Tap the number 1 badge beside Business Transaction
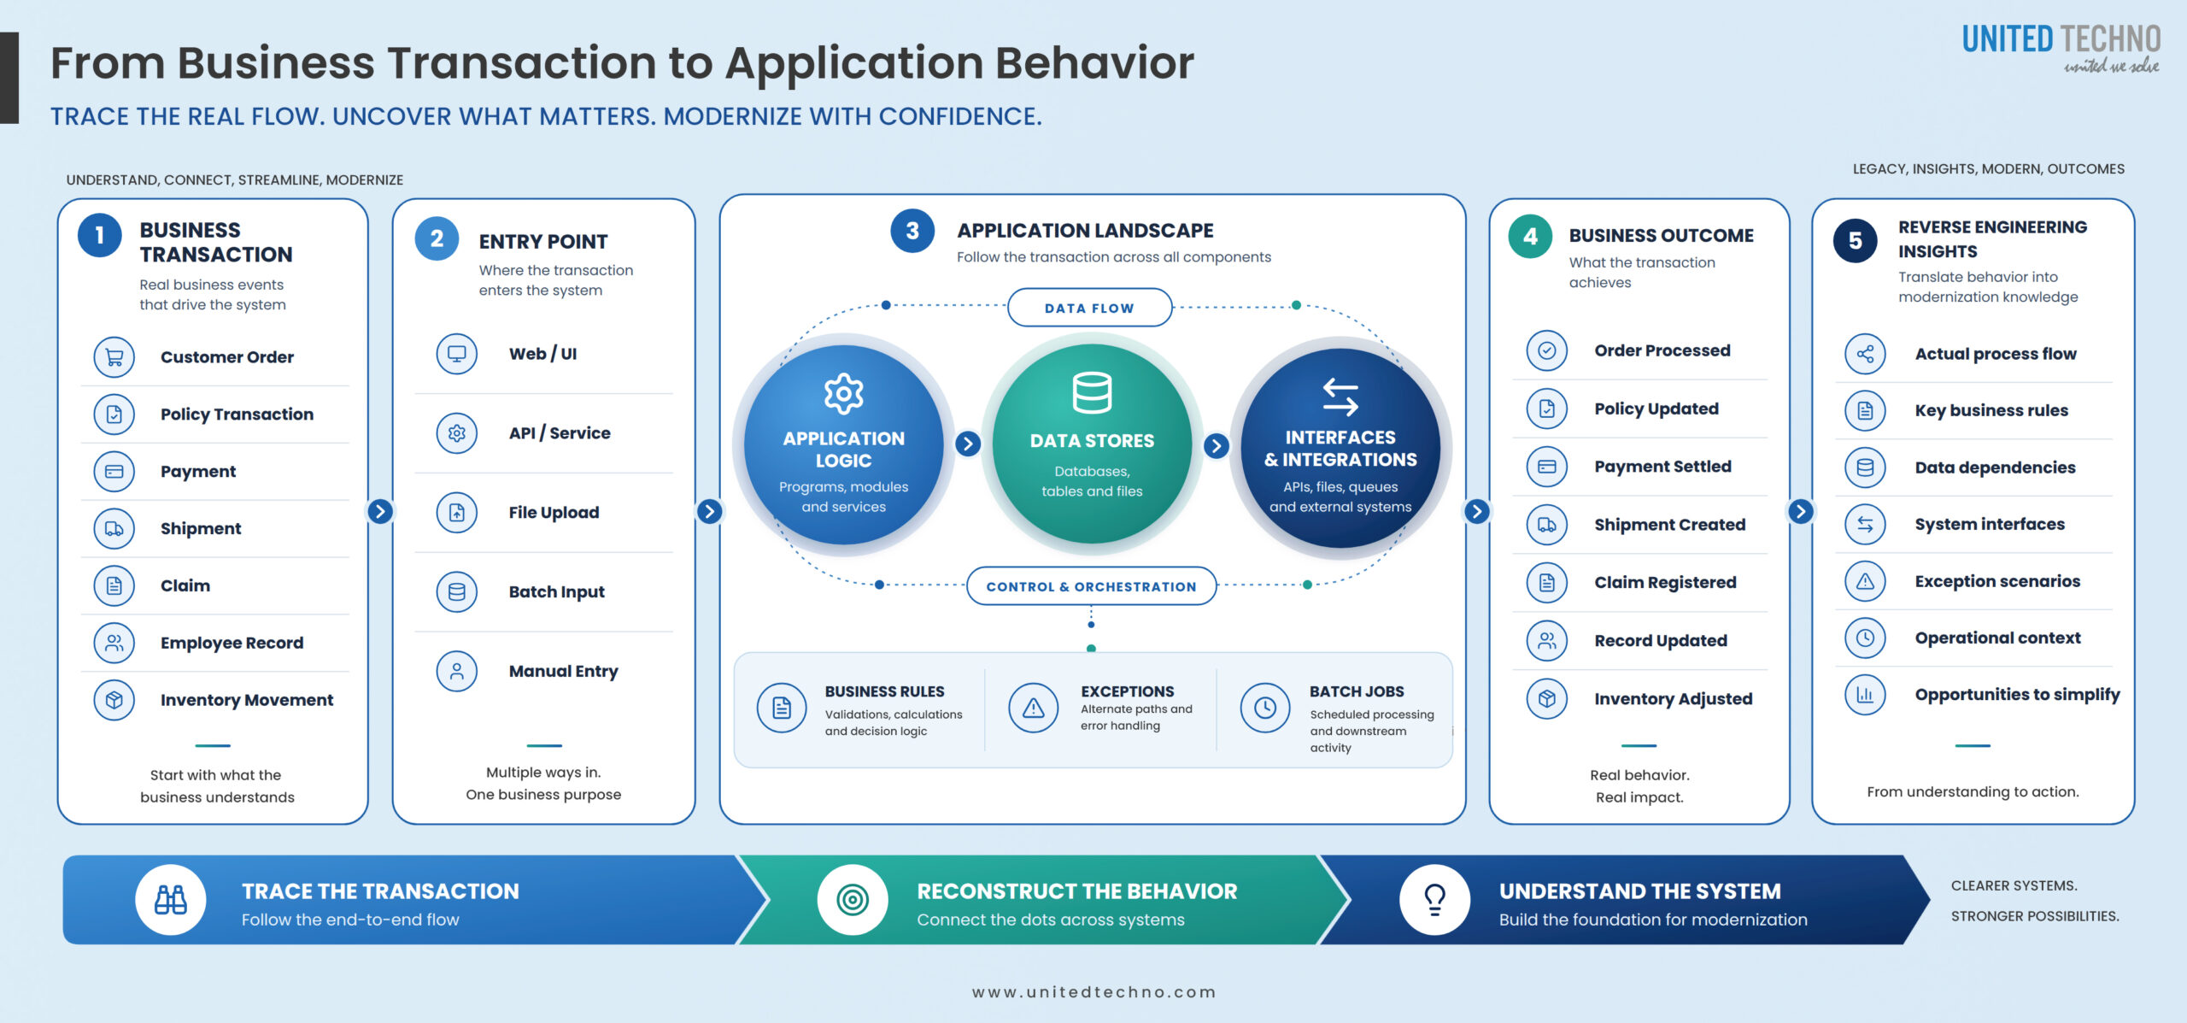tap(100, 235)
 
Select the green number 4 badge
tap(1530, 237)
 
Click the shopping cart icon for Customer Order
tap(114, 357)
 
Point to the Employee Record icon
tap(114, 643)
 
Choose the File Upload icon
tap(457, 513)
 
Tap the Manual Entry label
tap(564, 672)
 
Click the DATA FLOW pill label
tap(1089, 308)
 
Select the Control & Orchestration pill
tap(1091, 586)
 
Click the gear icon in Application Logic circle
tap(844, 394)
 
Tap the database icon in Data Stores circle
tap(1092, 392)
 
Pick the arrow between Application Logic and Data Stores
tap(968, 444)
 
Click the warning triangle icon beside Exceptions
tap(1034, 708)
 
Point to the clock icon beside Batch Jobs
tap(1265, 708)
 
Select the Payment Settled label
tap(1662, 467)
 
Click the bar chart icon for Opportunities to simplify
tap(1865, 695)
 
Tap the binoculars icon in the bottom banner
tap(171, 900)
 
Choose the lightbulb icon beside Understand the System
tap(1435, 900)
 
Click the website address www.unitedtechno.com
tap(1094, 992)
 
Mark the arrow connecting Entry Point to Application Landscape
tap(709, 511)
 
